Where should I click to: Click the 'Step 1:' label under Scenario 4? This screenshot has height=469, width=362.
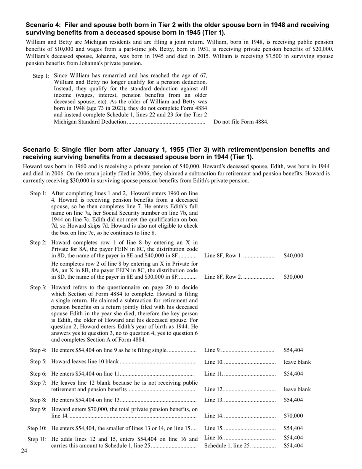[41, 76]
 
